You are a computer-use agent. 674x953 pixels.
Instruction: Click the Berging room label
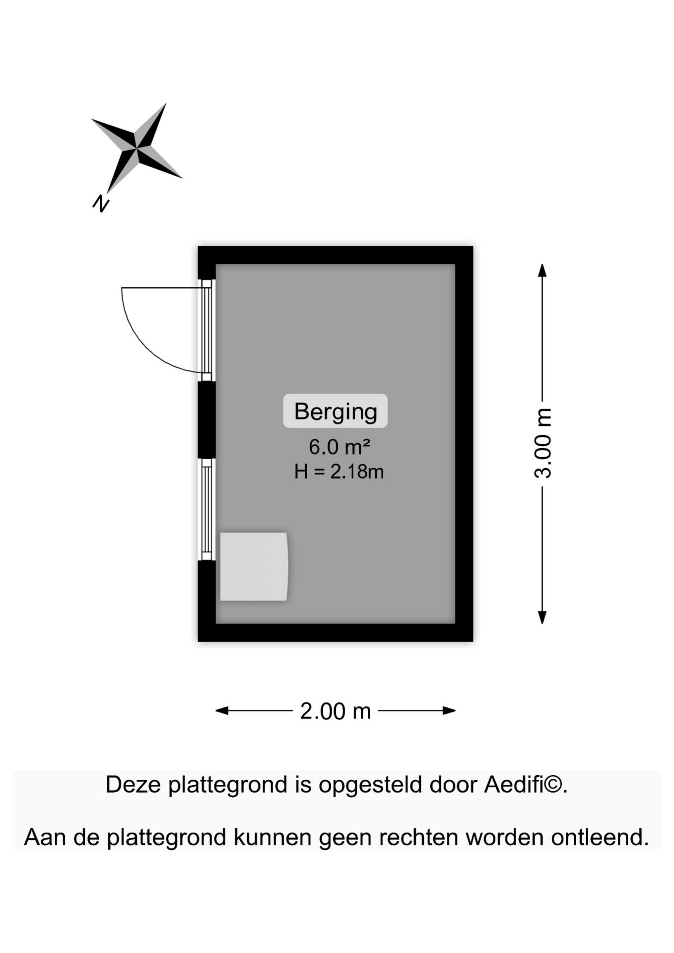(x=336, y=411)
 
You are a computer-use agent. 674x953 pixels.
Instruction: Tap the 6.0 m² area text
(x=339, y=447)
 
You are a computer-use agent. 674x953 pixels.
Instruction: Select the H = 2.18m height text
(x=339, y=471)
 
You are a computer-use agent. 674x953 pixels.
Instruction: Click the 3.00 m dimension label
(x=543, y=443)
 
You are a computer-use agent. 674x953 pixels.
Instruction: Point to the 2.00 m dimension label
(x=336, y=711)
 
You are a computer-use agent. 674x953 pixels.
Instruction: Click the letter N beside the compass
(x=101, y=203)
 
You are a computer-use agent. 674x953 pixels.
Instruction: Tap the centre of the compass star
(x=136, y=147)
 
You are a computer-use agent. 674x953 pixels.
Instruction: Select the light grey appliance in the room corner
(x=254, y=566)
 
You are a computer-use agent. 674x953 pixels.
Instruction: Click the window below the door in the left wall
(x=206, y=509)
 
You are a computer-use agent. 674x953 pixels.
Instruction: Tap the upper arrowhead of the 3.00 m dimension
(x=542, y=270)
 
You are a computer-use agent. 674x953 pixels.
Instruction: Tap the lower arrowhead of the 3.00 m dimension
(x=542, y=617)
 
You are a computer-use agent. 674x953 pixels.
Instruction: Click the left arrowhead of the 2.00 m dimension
(x=222, y=711)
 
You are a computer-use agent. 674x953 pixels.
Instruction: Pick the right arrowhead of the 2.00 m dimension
(x=449, y=711)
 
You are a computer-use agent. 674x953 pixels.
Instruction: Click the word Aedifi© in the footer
(x=526, y=785)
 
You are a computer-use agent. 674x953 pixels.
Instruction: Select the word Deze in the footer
(x=133, y=785)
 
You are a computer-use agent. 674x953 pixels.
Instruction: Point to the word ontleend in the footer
(x=600, y=837)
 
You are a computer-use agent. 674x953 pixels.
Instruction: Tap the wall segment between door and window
(x=206, y=420)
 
